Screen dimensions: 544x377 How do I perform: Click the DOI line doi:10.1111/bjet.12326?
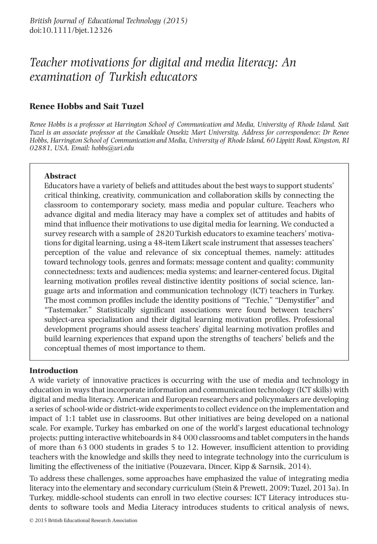click(71, 30)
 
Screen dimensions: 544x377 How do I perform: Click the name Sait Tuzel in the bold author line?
click(123, 106)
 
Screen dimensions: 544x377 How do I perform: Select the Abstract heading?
click(60, 176)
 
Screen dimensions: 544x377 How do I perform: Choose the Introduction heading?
click(54, 370)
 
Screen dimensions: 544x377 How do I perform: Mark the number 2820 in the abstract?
click(165, 234)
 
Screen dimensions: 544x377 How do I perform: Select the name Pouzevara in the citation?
click(187, 467)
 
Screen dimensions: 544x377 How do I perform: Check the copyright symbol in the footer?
click(32, 520)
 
